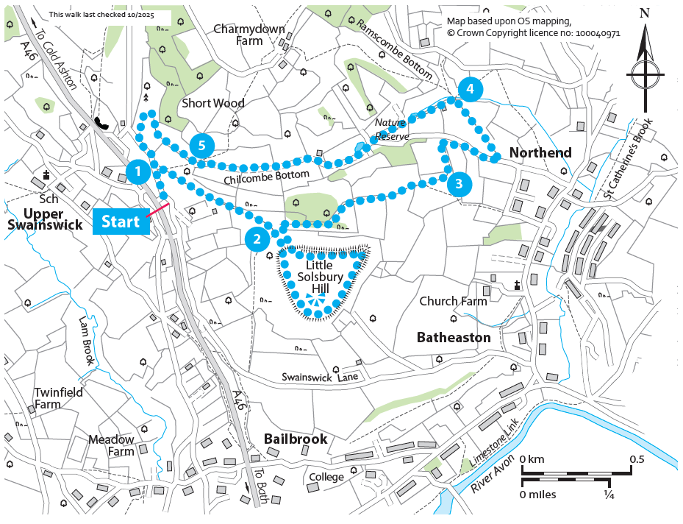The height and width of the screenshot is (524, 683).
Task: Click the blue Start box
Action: click(x=121, y=222)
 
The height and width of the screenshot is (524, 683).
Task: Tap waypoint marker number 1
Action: click(x=137, y=172)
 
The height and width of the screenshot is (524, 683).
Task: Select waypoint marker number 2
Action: click(x=257, y=238)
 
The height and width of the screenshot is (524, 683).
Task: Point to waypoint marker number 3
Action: click(x=458, y=183)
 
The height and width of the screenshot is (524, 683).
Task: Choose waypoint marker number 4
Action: click(x=470, y=90)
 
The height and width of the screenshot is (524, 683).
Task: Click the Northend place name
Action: click(x=540, y=153)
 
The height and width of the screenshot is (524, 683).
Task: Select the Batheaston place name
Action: click(x=453, y=337)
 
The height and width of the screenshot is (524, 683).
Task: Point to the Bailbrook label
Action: click(x=295, y=439)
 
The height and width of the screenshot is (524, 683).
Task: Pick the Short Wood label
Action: click(x=212, y=103)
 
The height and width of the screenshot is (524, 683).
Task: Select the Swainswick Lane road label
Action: click(x=320, y=377)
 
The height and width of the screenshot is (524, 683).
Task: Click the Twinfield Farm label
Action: click(x=58, y=398)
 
